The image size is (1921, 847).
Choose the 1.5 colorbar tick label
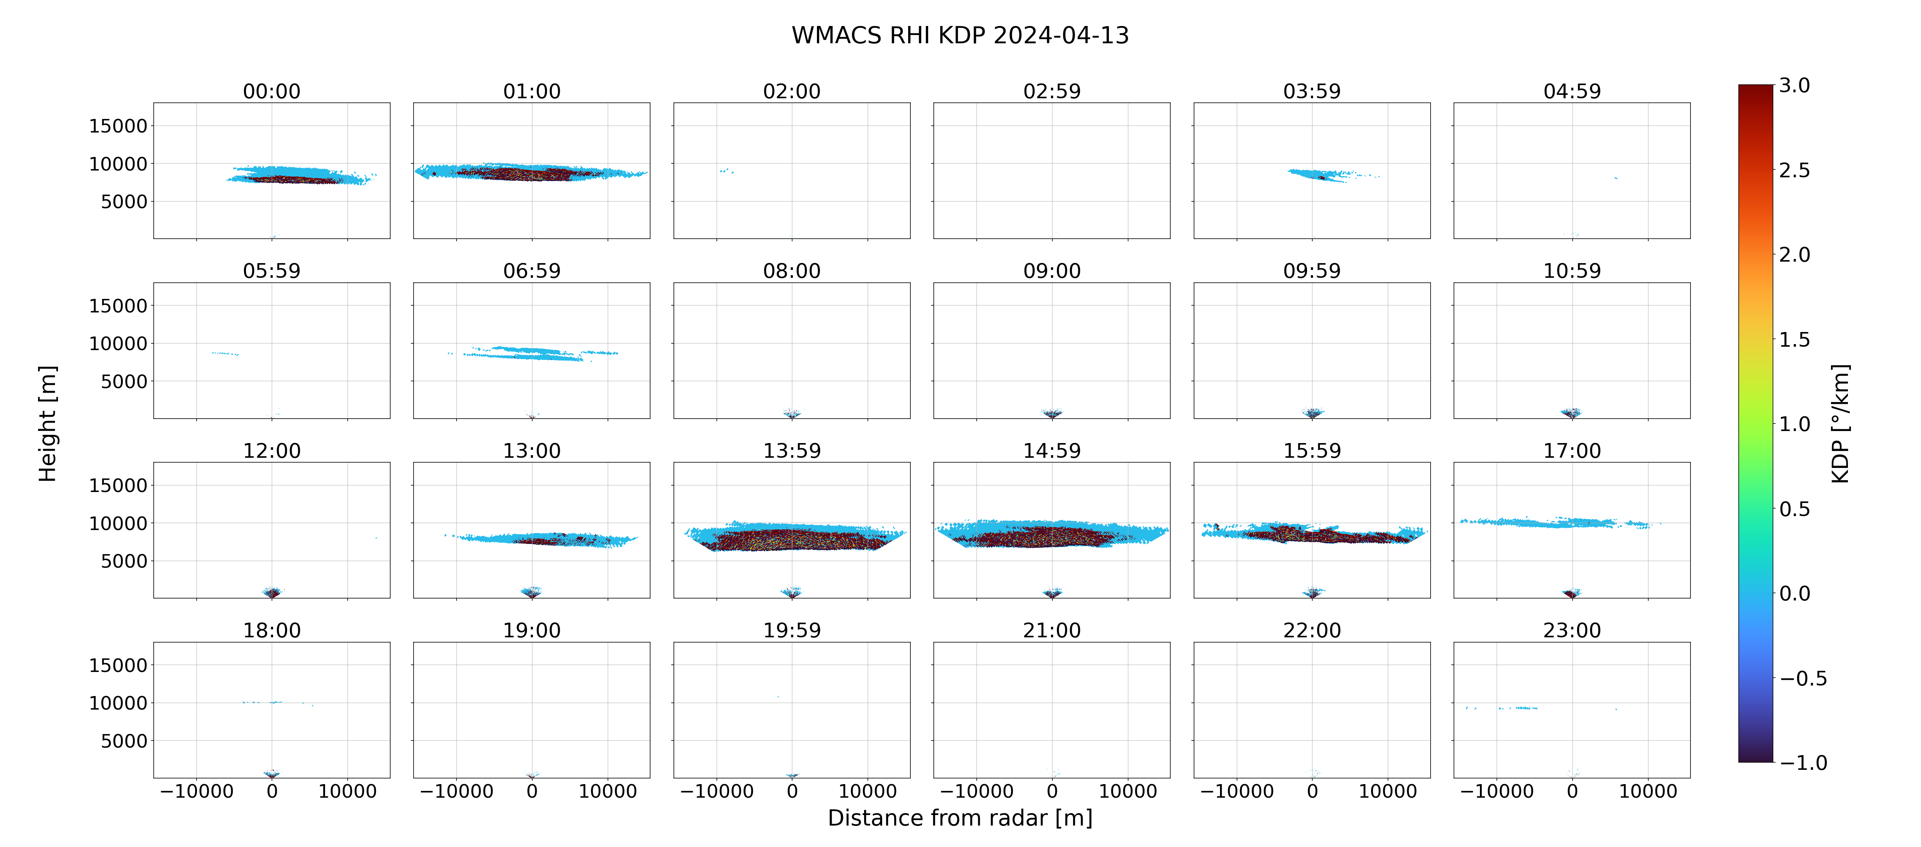point(1794,339)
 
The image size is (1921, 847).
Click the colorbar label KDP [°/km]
point(1840,424)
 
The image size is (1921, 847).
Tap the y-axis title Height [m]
point(48,424)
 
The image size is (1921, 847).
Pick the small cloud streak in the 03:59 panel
point(1324,175)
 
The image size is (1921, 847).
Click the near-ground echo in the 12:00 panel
point(272,593)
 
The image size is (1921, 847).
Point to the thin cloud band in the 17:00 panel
point(1559,523)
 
